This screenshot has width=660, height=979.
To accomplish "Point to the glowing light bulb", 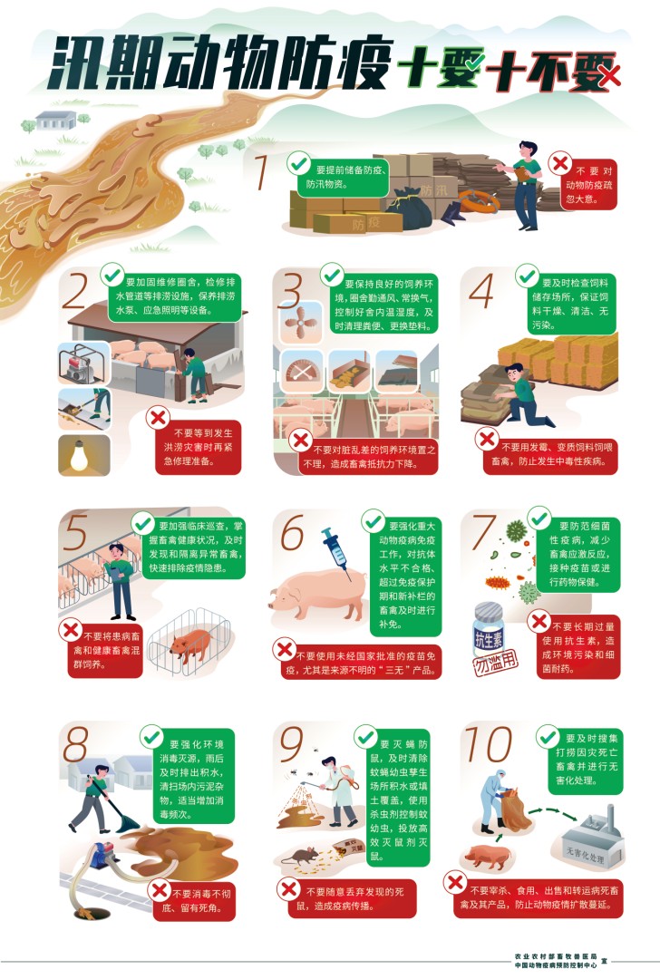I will (x=84, y=454).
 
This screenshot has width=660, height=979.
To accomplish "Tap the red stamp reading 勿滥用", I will (x=496, y=666).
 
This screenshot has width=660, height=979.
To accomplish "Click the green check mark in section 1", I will (x=297, y=164).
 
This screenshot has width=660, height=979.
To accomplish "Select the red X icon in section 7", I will (x=539, y=622).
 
